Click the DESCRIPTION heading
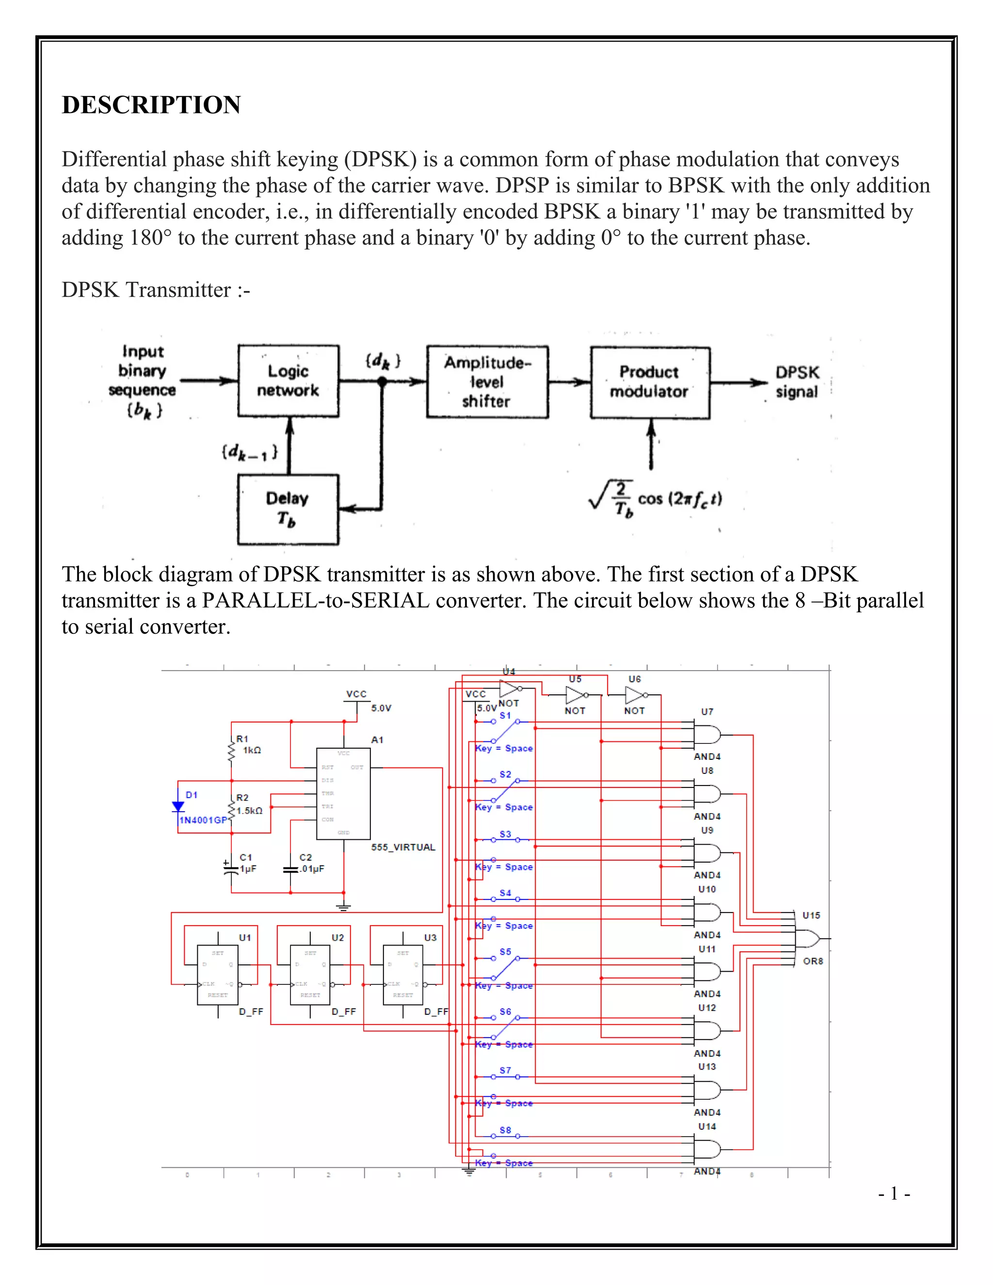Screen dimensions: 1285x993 [x=151, y=105]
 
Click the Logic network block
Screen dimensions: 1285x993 [x=288, y=381]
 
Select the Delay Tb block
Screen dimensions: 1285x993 [x=288, y=510]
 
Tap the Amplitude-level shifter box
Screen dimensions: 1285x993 [x=487, y=382]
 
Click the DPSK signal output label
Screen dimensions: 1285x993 [x=797, y=382]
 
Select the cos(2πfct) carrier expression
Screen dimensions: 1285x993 [x=679, y=499]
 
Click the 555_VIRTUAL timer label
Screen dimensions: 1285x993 [x=403, y=847]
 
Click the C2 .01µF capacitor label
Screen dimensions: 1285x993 [x=311, y=863]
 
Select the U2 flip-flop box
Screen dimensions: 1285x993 [x=310, y=974]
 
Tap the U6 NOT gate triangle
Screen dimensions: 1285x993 [x=634, y=695]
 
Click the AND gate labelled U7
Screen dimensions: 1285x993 [x=706, y=735]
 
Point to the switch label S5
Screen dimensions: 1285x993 [x=505, y=952]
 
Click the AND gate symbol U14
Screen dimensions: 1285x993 [x=706, y=1149]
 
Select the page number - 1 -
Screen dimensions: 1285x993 [x=894, y=1194]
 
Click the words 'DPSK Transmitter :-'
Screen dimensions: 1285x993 [x=156, y=290]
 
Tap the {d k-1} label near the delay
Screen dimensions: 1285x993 [x=249, y=452]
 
